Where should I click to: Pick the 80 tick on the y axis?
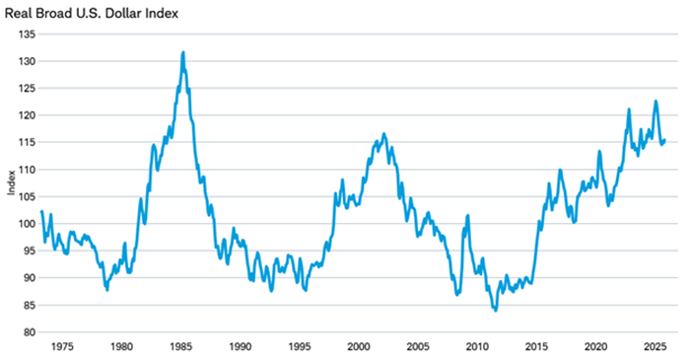click(x=28, y=331)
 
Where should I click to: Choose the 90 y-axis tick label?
click(x=28, y=277)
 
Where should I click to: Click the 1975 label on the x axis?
click(x=62, y=347)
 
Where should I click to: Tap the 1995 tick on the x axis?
click(x=300, y=347)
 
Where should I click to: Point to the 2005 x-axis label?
click(x=418, y=347)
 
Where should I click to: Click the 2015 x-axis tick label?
click(x=536, y=347)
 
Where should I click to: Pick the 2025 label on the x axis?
click(x=655, y=347)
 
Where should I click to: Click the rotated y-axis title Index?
click(x=11, y=183)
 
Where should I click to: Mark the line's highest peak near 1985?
click(x=183, y=52)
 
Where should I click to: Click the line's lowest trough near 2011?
click(x=495, y=311)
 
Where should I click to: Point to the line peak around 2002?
click(x=383, y=133)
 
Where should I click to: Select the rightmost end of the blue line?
click(x=665, y=139)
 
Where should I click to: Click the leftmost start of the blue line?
click(x=41, y=211)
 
